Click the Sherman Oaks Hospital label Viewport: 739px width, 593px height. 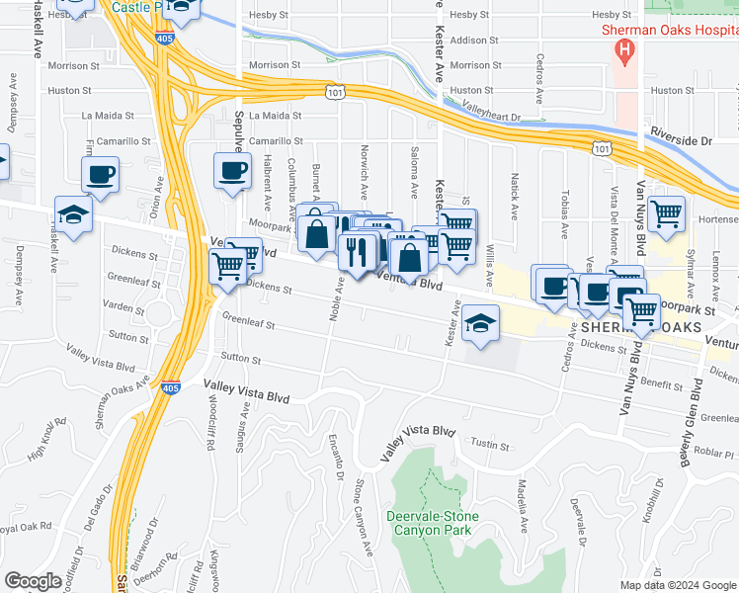tap(670, 30)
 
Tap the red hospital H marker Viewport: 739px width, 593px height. tap(623, 49)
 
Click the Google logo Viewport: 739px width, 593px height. tap(33, 581)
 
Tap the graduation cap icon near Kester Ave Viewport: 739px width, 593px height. tap(479, 323)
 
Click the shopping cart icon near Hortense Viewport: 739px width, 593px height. tap(668, 212)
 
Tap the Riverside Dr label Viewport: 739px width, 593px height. tap(681, 141)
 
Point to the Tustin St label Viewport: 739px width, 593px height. tap(489, 445)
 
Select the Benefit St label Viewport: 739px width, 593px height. tap(662, 384)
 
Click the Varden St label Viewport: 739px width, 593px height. tap(125, 308)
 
